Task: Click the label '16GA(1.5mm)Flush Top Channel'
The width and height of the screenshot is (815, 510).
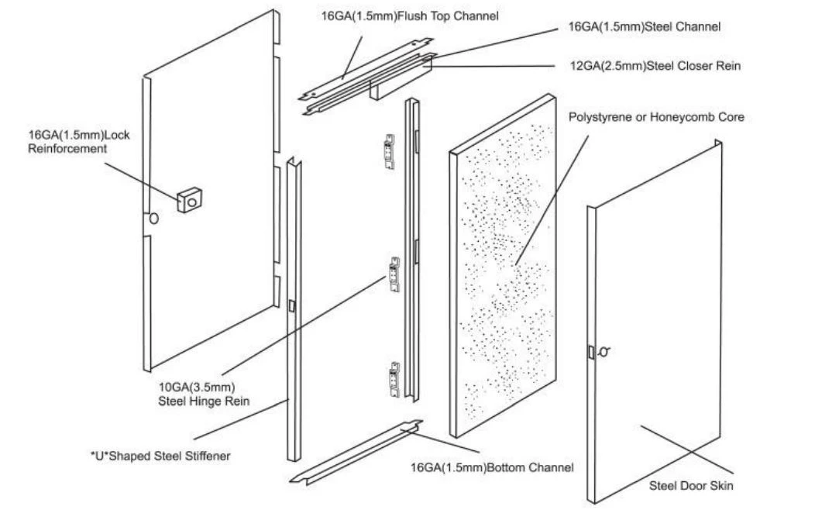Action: tap(410, 16)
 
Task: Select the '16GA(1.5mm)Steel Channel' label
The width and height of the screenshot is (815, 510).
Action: tap(645, 26)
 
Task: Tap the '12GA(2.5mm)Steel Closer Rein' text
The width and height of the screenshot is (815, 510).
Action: tap(655, 66)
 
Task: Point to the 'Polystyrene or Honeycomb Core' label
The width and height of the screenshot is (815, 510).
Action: tap(656, 117)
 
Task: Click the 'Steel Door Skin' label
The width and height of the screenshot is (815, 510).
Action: tap(691, 485)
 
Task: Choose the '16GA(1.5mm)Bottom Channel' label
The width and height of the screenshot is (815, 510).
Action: tap(492, 467)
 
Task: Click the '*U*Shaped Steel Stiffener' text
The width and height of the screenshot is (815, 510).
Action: tap(160, 456)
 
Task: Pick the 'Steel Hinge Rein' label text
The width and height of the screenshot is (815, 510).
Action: tap(204, 401)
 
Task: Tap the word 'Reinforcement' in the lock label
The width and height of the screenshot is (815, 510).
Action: tap(67, 149)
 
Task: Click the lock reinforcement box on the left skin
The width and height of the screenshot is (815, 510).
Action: tap(189, 200)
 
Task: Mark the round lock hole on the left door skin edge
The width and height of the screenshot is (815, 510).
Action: tap(154, 219)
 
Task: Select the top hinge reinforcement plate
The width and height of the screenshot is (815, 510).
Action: tap(389, 152)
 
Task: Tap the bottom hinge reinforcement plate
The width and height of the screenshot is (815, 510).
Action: tap(395, 380)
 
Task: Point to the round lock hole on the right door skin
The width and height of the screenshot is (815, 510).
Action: tap(604, 352)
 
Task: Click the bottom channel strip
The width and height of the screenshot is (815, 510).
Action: tap(356, 453)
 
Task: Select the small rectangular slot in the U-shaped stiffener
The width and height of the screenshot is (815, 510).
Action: tap(291, 306)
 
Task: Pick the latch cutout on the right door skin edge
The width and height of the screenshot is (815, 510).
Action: tap(592, 352)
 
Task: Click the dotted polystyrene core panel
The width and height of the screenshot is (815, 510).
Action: tap(503, 266)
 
